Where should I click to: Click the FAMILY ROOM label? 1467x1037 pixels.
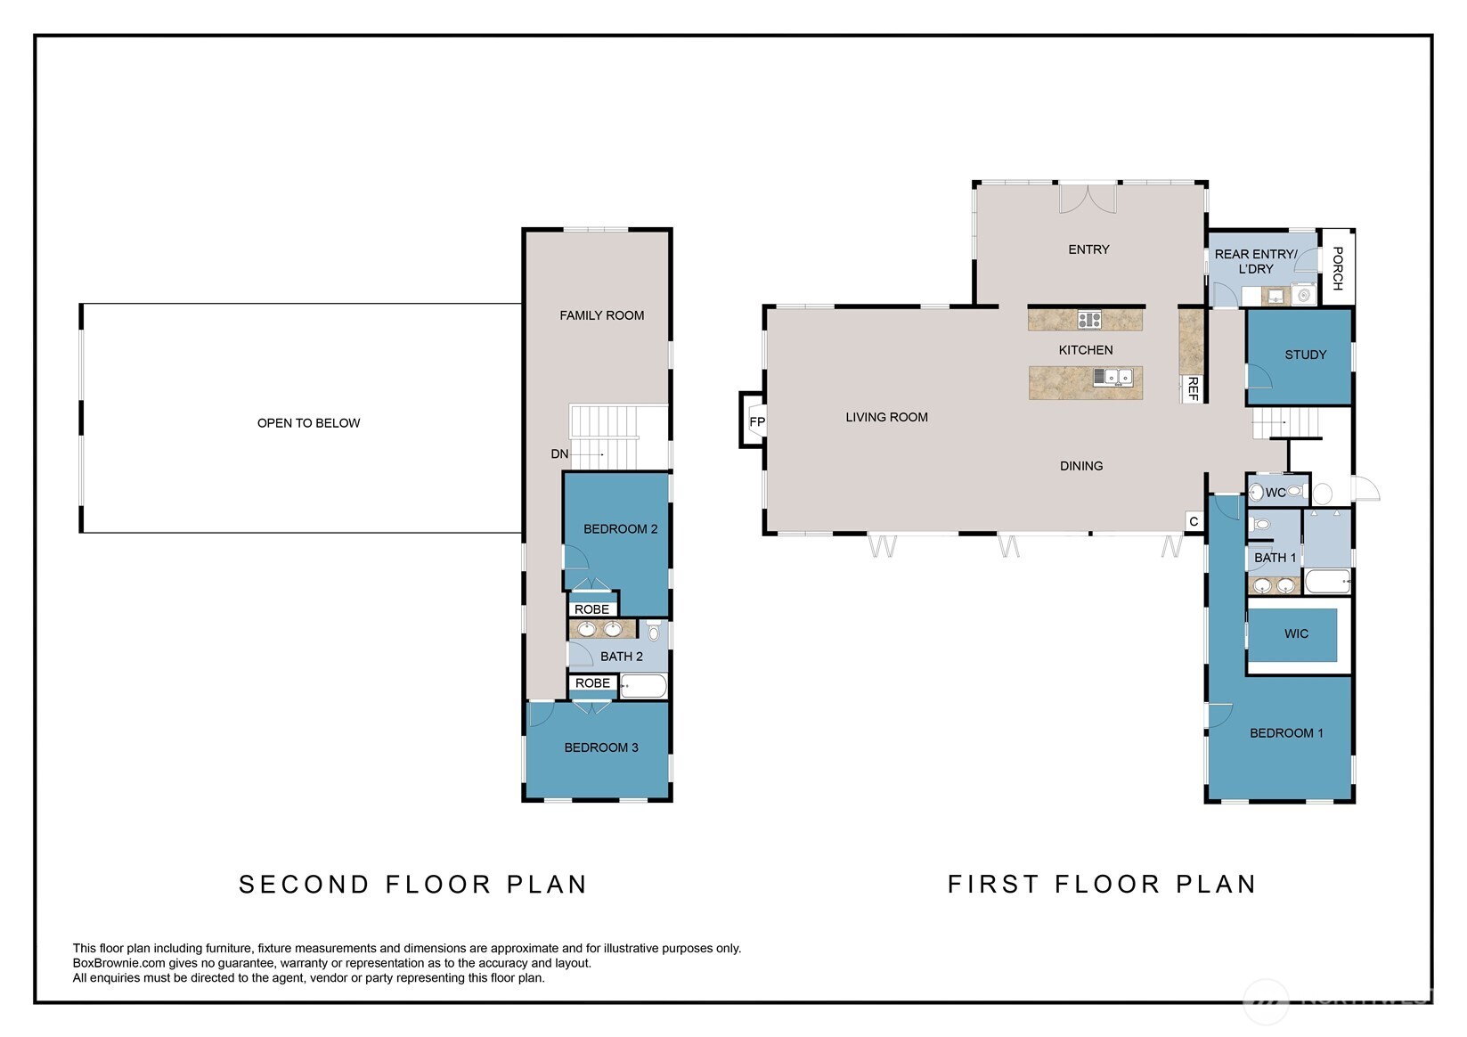(x=601, y=315)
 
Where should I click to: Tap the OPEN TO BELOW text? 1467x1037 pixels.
(x=308, y=423)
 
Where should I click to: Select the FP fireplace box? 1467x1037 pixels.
(x=754, y=420)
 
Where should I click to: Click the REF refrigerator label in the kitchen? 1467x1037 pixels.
(x=1193, y=388)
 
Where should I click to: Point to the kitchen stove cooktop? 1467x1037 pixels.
(x=1089, y=320)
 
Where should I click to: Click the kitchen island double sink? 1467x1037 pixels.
(x=1112, y=377)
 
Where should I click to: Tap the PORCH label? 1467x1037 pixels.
(x=1338, y=268)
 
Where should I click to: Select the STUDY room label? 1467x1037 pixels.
(x=1305, y=355)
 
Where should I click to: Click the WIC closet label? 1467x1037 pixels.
(x=1296, y=633)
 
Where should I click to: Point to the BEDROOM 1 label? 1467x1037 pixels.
(x=1286, y=733)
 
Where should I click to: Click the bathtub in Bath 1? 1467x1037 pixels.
(x=1327, y=581)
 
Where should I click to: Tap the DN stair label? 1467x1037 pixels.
(x=559, y=454)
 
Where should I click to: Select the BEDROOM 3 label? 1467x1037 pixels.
(x=601, y=747)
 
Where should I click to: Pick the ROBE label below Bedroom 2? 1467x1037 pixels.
(x=591, y=609)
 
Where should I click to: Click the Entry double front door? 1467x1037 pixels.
(x=1088, y=199)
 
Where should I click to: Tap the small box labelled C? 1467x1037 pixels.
(x=1194, y=521)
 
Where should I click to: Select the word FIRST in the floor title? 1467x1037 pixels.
(x=993, y=885)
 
